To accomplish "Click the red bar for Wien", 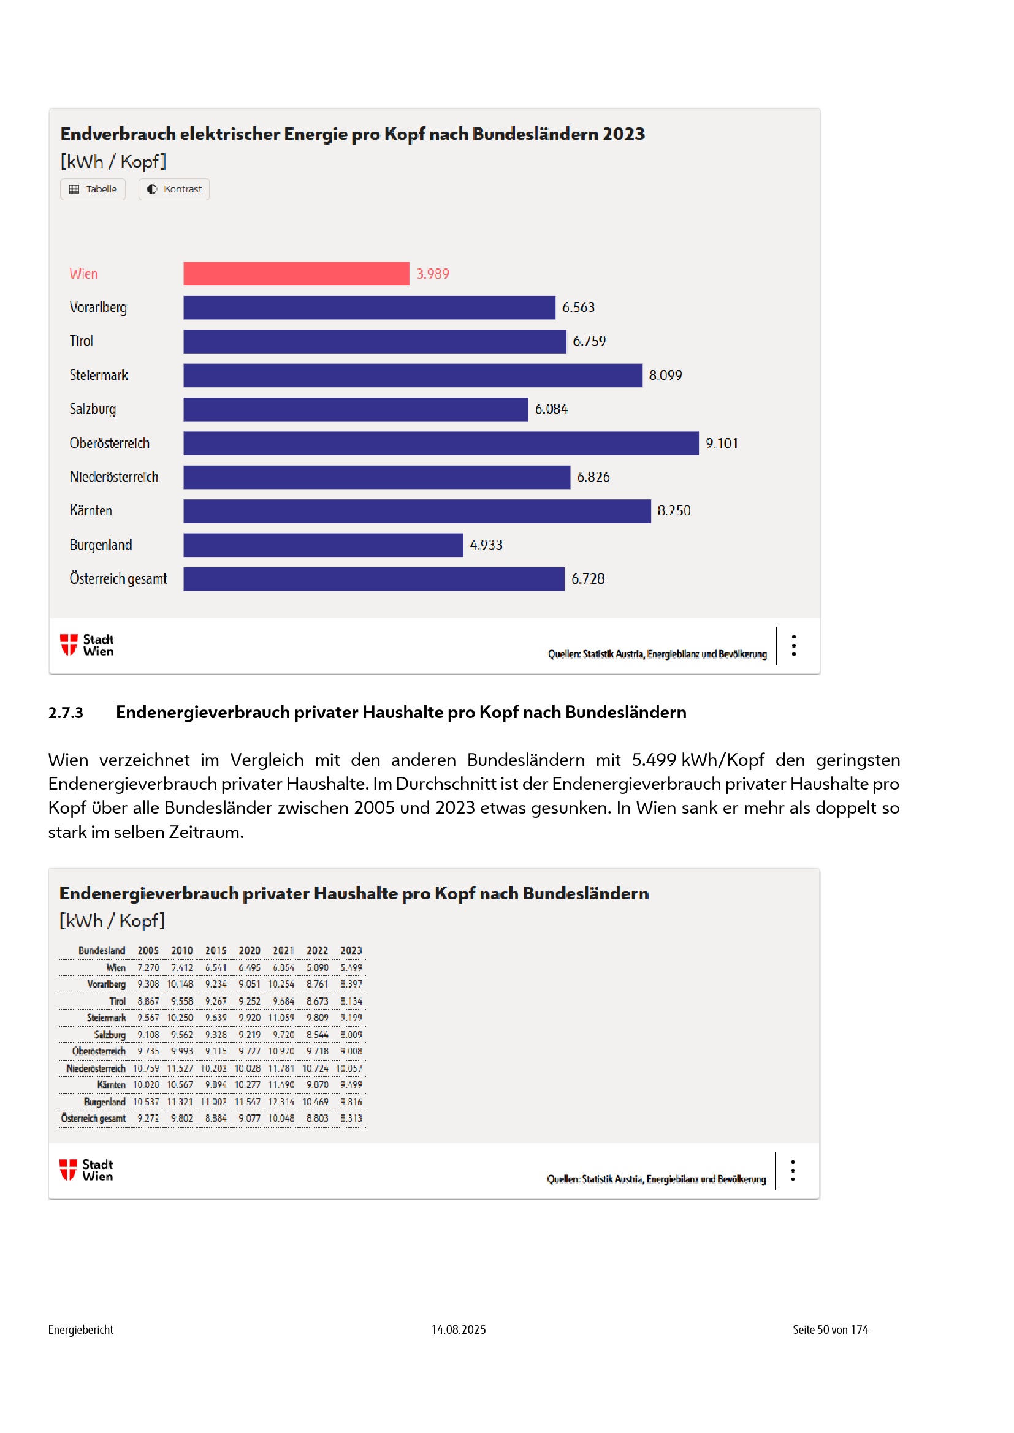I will (296, 273).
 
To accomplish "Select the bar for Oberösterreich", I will (441, 443).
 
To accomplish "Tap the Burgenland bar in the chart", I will (323, 545).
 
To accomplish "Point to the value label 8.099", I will (665, 375).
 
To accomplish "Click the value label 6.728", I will (587, 578).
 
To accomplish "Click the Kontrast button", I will (174, 189).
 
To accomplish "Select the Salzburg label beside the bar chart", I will (93, 409).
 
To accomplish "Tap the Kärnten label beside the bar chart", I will (91, 510).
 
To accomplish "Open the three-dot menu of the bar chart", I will (793, 645).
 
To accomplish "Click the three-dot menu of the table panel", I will (792, 1170).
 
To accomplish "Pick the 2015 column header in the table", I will (215, 950).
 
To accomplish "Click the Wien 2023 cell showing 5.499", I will (351, 967).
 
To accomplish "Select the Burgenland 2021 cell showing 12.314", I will (281, 1102).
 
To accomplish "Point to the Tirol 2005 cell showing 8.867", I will (148, 1001).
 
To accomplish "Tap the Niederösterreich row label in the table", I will (96, 1068).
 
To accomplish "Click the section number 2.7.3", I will (66, 712).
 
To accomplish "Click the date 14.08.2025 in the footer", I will (459, 1329).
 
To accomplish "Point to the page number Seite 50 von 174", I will (830, 1329).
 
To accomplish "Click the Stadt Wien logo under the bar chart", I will (87, 645).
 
